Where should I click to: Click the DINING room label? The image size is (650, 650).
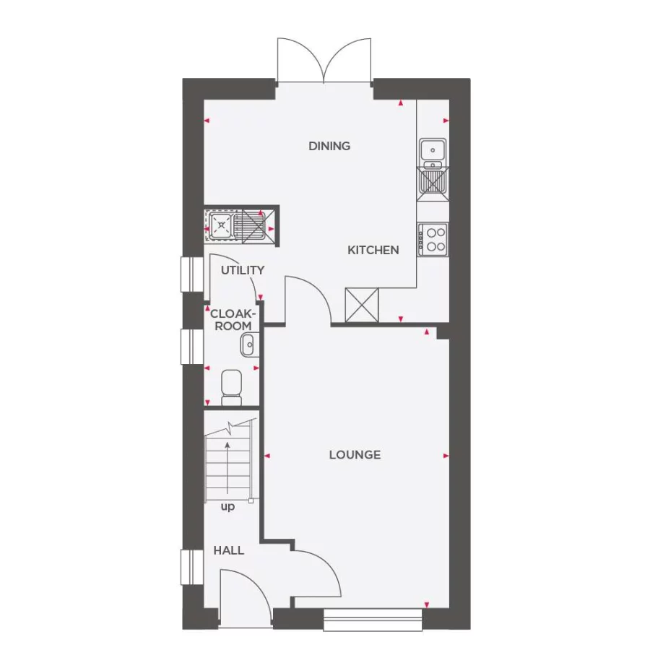[x=329, y=146]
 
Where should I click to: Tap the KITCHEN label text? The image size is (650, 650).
[x=373, y=250]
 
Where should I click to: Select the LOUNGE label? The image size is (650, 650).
[x=355, y=455]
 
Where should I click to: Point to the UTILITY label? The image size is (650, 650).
[x=243, y=270]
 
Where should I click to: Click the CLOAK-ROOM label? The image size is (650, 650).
[x=232, y=320]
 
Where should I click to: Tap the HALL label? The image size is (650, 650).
[x=228, y=550]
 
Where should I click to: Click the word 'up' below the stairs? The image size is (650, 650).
[x=227, y=507]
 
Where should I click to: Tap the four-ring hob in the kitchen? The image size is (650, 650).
[x=435, y=238]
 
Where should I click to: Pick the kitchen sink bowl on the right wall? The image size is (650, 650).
[x=434, y=149]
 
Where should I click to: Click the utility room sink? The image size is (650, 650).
[x=220, y=225]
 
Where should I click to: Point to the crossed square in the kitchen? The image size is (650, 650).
[x=362, y=305]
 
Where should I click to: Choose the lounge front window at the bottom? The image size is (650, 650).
[x=373, y=618]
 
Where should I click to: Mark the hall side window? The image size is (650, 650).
[x=192, y=567]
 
